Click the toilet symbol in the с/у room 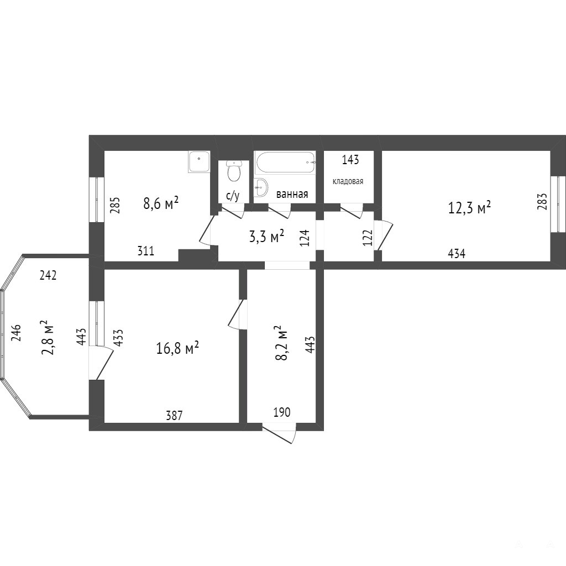(x=234, y=171)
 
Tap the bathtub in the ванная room (x=285, y=163)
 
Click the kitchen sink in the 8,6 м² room (x=198, y=161)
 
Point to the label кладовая (x=348, y=181)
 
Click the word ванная (x=292, y=194)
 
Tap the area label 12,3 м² (x=469, y=208)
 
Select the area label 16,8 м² (x=177, y=348)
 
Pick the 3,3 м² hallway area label (x=267, y=237)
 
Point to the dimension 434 (x=456, y=254)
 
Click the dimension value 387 (x=174, y=416)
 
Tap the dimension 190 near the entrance (x=282, y=412)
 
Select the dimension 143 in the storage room (x=350, y=160)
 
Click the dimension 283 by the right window (x=543, y=201)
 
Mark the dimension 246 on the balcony (x=16, y=333)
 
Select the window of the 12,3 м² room (x=558, y=204)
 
